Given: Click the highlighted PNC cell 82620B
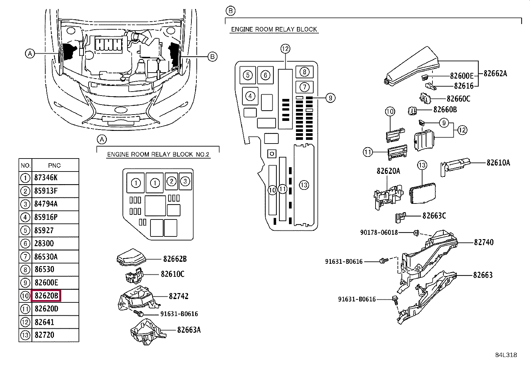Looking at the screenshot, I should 46,296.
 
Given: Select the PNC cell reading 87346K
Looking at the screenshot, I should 46,178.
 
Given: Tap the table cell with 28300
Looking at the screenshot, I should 44,243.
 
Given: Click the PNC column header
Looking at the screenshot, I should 55,165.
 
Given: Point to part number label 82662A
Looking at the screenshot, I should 495,74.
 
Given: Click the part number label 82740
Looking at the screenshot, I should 483,242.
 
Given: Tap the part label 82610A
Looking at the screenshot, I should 498,163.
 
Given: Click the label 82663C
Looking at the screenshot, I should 434,216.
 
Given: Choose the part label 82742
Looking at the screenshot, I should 178,296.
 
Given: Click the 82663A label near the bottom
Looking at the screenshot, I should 189,330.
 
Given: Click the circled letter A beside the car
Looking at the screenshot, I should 30,53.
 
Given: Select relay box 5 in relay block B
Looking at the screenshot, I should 247,75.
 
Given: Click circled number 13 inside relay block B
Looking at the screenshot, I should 304,185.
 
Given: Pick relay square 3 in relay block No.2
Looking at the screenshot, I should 185,182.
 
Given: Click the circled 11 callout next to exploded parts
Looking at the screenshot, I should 367,153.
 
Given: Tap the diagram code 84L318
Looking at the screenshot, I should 505,355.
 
